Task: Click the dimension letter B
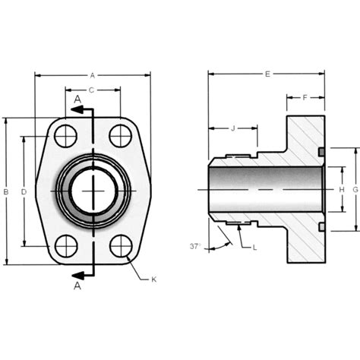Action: click(x=7, y=192)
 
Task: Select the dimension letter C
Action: click(x=91, y=90)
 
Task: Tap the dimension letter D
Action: click(x=24, y=192)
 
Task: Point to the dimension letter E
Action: click(x=267, y=74)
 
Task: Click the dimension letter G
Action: click(x=355, y=189)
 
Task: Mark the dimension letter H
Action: click(x=342, y=189)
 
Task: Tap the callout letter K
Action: click(x=153, y=280)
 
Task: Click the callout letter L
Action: click(x=254, y=248)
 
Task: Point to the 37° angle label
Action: click(x=195, y=245)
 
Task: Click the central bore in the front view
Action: click(x=93, y=191)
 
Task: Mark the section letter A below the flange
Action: click(x=77, y=286)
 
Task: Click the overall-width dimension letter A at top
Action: click(x=92, y=75)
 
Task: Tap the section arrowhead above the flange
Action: click(x=75, y=109)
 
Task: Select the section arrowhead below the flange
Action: click(x=75, y=273)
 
